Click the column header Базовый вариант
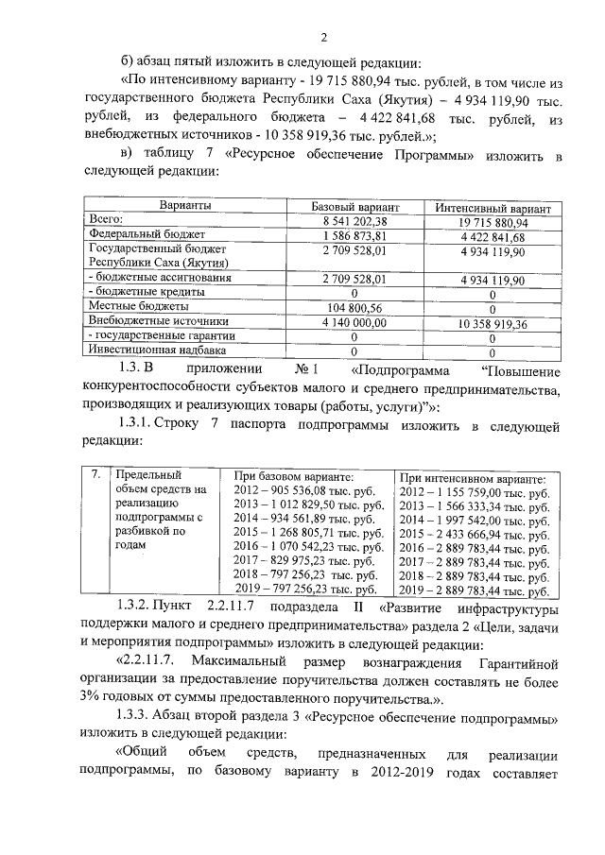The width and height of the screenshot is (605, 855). pos(355,205)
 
